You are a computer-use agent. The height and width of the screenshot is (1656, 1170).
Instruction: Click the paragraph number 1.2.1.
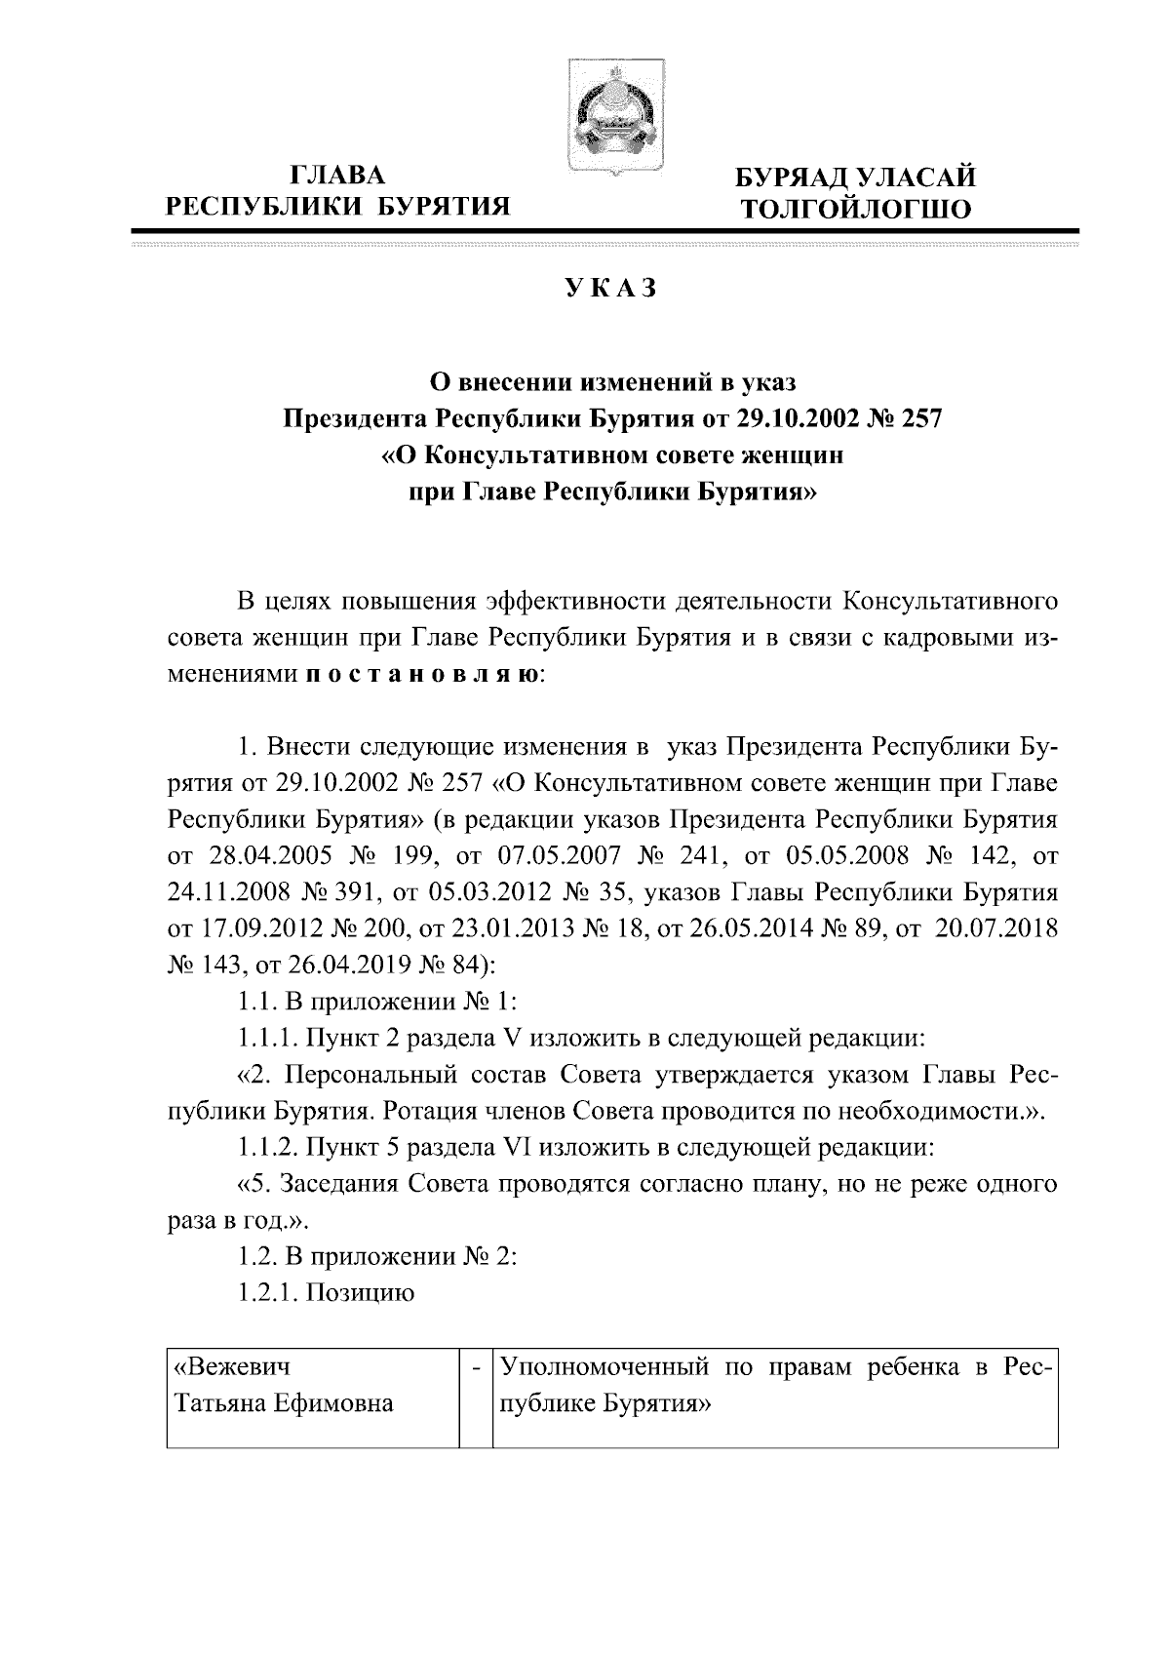pyautogui.click(x=266, y=1293)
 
